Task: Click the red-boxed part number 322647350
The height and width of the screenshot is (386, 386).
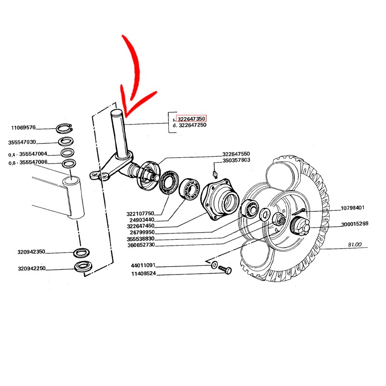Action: [191, 119]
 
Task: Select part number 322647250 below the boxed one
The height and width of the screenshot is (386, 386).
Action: [193, 125]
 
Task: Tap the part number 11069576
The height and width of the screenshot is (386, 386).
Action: [23, 127]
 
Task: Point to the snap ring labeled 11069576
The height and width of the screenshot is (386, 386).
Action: [64, 128]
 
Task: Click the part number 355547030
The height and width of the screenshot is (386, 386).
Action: [22, 142]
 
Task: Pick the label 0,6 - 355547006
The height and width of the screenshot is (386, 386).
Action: [28, 163]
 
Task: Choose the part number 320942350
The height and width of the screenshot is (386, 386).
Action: [31, 252]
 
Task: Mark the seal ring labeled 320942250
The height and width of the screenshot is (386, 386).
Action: [84, 267]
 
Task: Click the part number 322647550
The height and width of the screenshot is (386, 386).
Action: [236, 154]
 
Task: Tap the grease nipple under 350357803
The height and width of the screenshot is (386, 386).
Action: [215, 174]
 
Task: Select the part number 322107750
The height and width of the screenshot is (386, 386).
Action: [140, 214]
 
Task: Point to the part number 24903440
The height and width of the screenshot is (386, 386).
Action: [142, 220]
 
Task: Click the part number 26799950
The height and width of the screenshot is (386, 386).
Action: [142, 233]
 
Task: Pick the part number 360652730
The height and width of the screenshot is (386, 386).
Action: [141, 245]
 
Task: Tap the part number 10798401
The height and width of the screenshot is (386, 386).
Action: [353, 208]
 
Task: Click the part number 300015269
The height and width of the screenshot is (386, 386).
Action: [355, 224]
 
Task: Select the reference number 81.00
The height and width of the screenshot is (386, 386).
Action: [355, 245]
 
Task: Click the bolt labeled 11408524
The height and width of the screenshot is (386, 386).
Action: [225, 269]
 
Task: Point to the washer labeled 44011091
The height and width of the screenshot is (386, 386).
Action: [214, 265]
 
